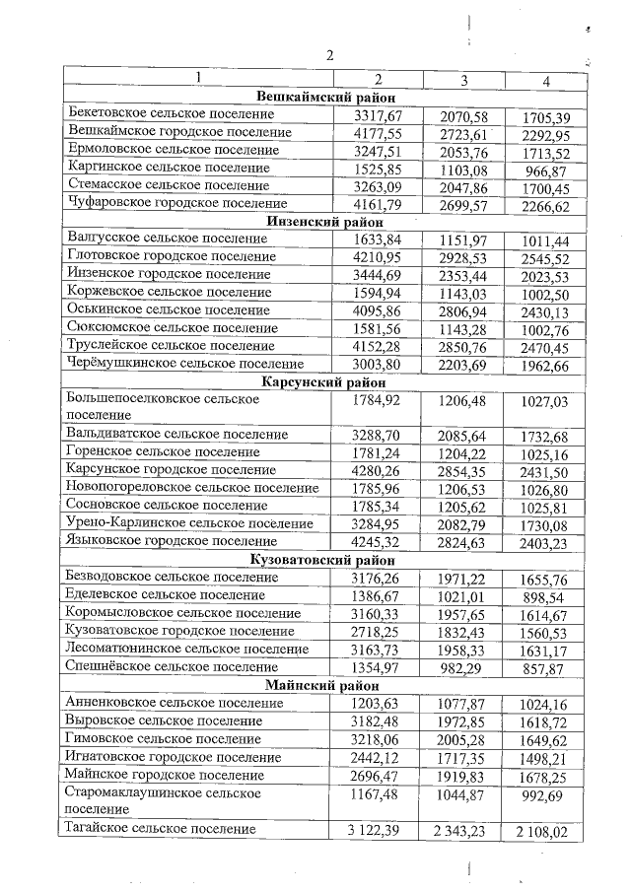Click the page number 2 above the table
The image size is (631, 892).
point(330,55)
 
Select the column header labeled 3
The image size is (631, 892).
point(463,79)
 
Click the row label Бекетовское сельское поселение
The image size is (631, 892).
point(171,114)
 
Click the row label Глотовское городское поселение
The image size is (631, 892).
point(170,256)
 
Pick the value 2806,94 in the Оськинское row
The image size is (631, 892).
point(462,309)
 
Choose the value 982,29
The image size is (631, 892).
point(462,667)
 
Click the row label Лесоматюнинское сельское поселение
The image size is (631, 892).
point(186,649)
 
